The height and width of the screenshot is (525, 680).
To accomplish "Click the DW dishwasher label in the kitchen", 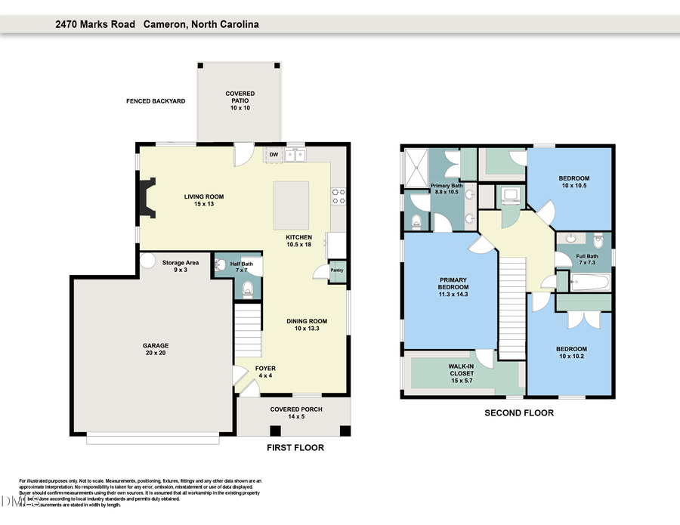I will pos(274,155).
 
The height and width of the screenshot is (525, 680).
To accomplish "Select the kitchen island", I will pos(292,202).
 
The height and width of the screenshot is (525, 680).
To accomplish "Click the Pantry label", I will pos(336,270).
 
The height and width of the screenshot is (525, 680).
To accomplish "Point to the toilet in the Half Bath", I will pos(246,288).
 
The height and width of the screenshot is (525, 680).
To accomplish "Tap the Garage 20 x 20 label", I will pos(156,350).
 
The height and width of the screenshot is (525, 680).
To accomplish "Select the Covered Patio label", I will pos(240,101).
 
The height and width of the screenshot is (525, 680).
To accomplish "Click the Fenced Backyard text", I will pos(156,101).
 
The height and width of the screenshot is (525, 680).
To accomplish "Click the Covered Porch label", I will pos(294,413).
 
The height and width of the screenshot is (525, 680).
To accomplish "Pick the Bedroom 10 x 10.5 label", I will pos(574,182).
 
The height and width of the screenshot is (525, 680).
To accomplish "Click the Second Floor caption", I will pos(519,413).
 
